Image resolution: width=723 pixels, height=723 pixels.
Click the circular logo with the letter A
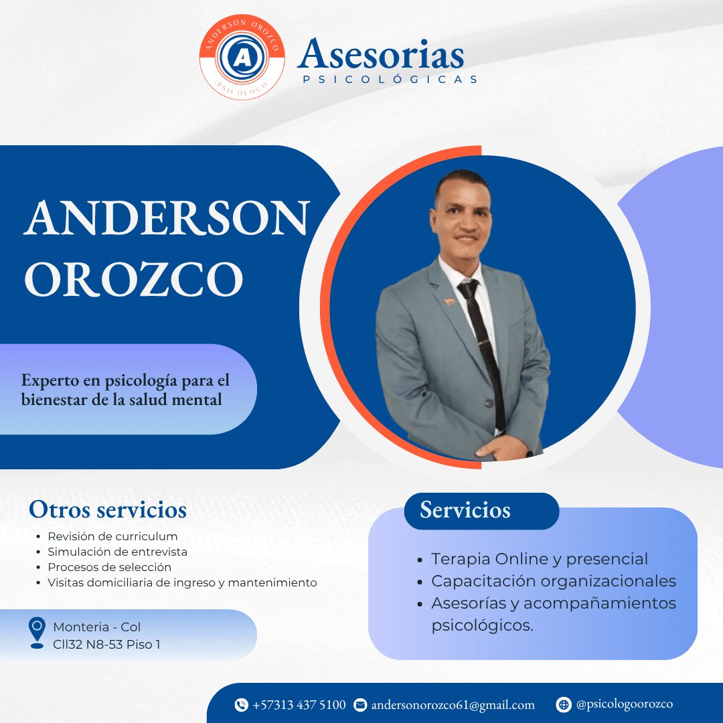point(242,58)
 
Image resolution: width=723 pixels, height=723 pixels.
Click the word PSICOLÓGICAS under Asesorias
point(390,80)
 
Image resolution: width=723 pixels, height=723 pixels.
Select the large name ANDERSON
point(167,218)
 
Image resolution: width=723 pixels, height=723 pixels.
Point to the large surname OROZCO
point(134,279)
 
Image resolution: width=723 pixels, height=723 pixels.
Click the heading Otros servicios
point(107,509)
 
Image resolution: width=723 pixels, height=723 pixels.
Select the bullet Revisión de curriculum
point(112,536)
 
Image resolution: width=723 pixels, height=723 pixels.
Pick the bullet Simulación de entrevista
point(117,552)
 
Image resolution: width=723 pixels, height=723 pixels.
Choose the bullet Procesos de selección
point(109,567)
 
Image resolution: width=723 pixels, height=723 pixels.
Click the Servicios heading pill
point(481,511)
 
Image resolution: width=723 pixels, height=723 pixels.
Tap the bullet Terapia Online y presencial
point(540,559)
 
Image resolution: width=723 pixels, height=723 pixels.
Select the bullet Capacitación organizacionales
point(554,581)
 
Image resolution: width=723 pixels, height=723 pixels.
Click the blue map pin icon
point(37,632)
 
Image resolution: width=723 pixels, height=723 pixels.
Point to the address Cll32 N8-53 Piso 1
point(106,645)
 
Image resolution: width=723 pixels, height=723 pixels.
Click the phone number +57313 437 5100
point(299,705)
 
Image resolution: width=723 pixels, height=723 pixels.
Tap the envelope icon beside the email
point(360,705)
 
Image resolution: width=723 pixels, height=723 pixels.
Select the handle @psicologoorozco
point(624,704)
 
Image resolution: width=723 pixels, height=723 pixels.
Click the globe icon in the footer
point(564,704)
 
